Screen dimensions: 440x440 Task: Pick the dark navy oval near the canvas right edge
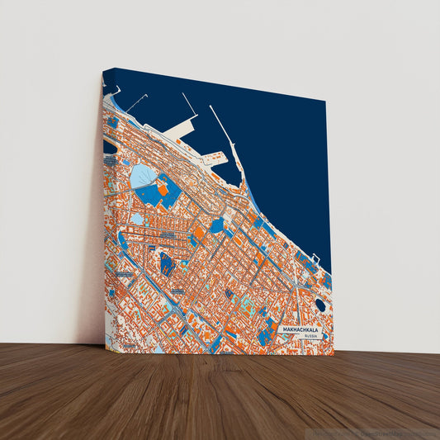tap(320, 305)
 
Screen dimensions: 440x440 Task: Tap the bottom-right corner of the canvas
tap(334, 354)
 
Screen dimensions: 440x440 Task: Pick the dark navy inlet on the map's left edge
tap(109, 146)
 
